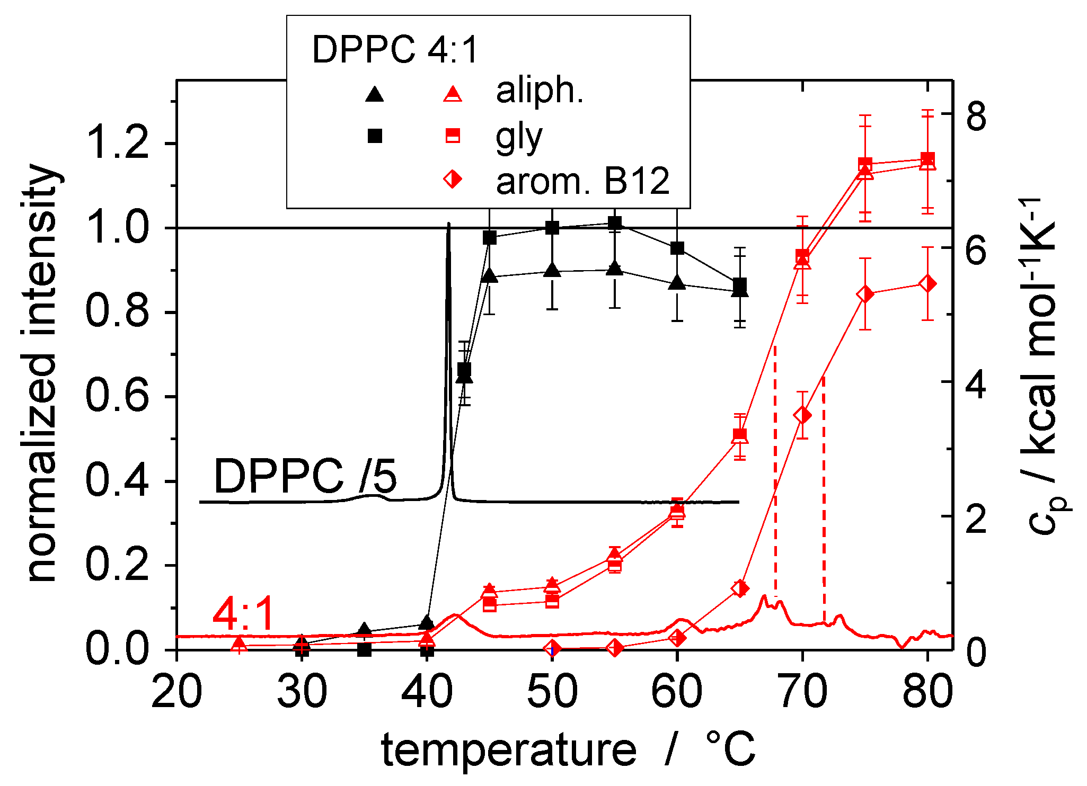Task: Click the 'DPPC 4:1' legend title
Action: pyautogui.click(x=395, y=50)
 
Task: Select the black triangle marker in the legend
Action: pyautogui.click(x=375, y=95)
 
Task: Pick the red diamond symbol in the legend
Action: pyautogui.click(x=453, y=179)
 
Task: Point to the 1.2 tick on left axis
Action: pyautogui.click(x=117, y=143)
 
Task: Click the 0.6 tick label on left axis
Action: pyautogui.click(x=117, y=397)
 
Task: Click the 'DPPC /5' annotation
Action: pyautogui.click(x=305, y=476)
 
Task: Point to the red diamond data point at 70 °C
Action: pyautogui.click(x=802, y=415)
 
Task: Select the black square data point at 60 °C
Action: pyautogui.click(x=677, y=248)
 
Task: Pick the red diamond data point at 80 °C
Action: pyautogui.click(x=927, y=284)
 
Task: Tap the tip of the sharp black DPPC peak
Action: pyautogui.click(x=449, y=225)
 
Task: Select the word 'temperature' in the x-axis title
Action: pyautogui.click(x=509, y=750)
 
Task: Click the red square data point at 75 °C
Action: pyautogui.click(x=865, y=164)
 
